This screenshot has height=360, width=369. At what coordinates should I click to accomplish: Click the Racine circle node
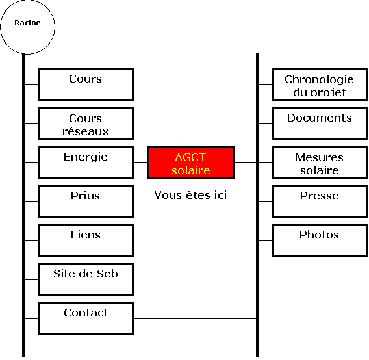point(27,27)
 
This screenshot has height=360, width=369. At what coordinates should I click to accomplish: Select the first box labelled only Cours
point(86,84)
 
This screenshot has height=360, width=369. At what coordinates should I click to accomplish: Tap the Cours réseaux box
point(86,124)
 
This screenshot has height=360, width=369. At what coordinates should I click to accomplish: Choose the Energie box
point(86,162)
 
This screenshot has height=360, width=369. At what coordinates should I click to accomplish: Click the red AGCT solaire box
point(191,162)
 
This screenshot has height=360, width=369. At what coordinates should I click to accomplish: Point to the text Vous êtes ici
point(190,195)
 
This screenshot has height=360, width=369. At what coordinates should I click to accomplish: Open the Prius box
point(86,202)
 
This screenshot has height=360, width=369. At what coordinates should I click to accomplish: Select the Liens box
point(86,240)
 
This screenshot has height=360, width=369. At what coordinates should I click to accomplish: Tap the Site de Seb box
point(86,279)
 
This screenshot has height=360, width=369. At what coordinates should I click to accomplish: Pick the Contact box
point(86,318)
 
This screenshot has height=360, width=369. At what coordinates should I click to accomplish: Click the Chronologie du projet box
point(320,84)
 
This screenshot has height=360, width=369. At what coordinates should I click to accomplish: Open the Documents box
point(320,124)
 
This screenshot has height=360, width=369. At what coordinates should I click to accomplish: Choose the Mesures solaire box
point(320,162)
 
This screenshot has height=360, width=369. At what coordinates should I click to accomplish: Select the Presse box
point(320,202)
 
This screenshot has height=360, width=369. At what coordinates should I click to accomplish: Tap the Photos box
point(320,240)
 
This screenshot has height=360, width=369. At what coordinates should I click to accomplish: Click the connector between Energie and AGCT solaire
point(141,162)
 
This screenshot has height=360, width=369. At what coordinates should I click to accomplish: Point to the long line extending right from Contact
point(195,319)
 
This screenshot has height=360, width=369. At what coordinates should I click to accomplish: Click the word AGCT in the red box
point(190,157)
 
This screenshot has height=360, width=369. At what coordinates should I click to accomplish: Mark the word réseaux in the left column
point(86,131)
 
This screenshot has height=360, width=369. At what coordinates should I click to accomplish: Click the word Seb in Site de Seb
point(107,274)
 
